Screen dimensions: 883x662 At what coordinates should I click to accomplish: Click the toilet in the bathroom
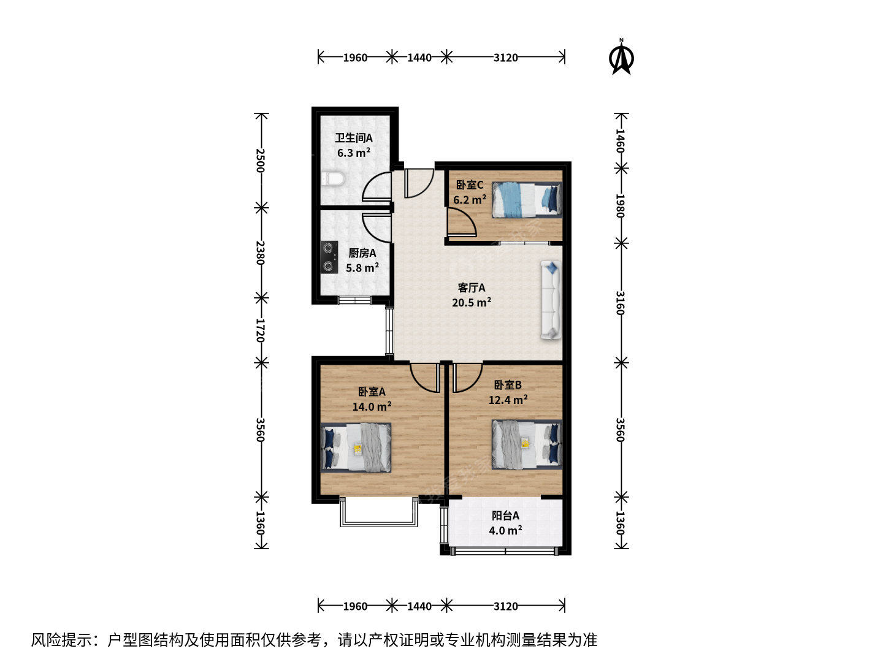(333, 178)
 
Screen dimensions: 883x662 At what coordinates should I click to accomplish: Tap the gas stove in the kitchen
(329, 257)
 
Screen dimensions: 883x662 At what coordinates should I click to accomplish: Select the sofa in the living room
(551, 300)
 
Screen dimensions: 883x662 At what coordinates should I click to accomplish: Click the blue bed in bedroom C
(527, 200)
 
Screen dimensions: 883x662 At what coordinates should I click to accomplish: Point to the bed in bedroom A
(356, 447)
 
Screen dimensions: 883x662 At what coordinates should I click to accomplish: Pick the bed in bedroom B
(527, 444)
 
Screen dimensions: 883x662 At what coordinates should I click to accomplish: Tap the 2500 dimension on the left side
(261, 161)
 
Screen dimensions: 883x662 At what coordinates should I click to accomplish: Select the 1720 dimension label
(261, 330)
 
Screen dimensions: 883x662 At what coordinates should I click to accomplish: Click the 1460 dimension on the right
(621, 141)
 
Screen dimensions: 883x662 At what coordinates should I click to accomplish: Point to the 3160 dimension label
(621, 303)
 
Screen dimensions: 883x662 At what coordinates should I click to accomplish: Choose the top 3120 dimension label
(506, 58)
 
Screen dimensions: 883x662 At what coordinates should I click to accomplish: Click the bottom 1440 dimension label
(419, 606)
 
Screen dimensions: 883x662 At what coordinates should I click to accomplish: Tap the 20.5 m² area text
(472, 302)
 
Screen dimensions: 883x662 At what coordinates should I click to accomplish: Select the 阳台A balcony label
(506, 516)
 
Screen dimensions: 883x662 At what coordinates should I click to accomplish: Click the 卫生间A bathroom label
(354, 138)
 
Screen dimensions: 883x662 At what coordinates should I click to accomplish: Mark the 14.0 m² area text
(372, 406)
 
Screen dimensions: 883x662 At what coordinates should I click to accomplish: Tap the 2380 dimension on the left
(261, 253)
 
